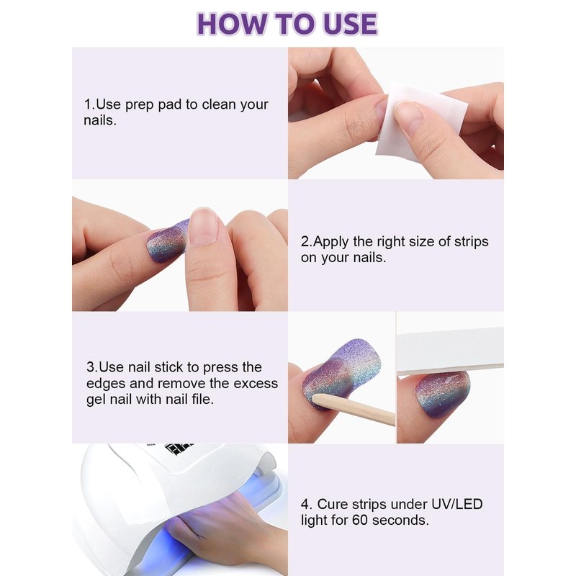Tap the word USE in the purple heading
350,24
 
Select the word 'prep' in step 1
139,104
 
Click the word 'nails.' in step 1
100,120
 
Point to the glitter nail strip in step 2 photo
167,241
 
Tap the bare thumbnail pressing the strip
203,227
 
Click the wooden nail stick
354,410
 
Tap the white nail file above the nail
451,351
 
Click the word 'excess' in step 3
256,384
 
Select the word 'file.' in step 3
202,400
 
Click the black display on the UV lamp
179,449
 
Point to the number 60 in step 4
359,520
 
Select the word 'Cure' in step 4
333,504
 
